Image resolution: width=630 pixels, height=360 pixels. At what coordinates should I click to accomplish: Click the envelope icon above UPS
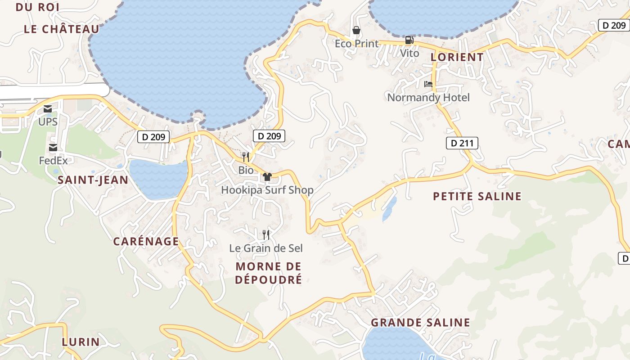click(48, 109)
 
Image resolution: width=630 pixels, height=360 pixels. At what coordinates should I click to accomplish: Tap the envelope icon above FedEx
click(53, 148)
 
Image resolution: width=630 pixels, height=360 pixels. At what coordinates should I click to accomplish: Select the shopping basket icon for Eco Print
click(356, 30)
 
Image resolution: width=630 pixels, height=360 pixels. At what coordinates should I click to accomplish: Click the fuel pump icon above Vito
click(409, 40)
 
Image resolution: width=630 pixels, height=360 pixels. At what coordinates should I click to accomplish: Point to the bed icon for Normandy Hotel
click(428, 84)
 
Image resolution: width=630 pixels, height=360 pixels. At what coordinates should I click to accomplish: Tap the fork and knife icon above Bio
click(246, 157)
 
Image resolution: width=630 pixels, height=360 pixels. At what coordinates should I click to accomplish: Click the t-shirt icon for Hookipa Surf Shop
click(267, 176)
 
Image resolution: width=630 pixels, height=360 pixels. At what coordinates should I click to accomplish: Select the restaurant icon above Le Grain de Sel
click(266, 234)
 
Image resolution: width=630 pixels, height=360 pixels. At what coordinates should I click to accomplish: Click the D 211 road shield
click(462, 143)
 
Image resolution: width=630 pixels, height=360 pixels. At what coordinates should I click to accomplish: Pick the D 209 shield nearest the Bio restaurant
click(269, 136)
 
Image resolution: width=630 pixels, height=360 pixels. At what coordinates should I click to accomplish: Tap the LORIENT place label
click(457, 57)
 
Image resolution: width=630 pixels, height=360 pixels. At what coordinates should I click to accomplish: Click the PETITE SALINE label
click(477, 196)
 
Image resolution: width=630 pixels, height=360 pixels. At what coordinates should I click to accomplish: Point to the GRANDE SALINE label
click(420, 323)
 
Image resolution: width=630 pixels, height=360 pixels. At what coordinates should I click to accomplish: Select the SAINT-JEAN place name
click(93, 180)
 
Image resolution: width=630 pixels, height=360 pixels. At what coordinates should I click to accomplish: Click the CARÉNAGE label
click(146, 241)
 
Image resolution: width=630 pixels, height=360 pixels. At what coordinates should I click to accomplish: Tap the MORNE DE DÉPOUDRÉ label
click(269, 273)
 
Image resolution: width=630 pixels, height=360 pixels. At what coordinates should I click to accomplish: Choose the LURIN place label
click(81, 342)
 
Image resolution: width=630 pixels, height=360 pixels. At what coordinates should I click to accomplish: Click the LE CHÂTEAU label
click(62, 29)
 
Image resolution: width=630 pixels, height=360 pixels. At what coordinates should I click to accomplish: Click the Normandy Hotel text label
click(428, 97)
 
